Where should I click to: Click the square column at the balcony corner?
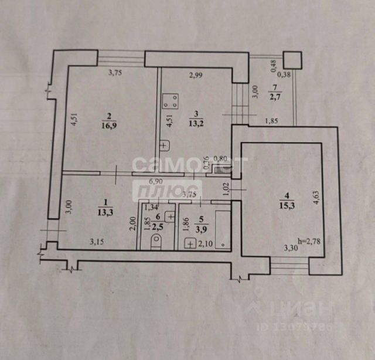point(292,59)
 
